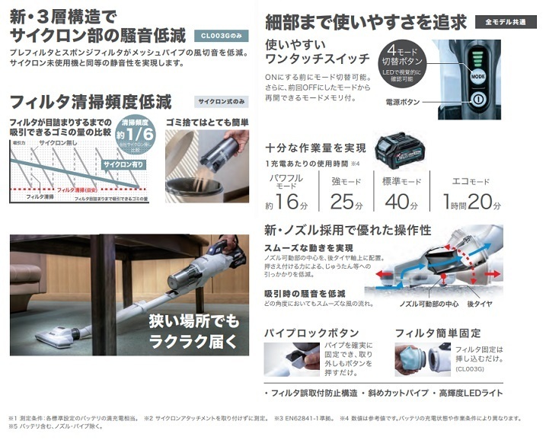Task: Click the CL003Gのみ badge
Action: (x=220, y=35)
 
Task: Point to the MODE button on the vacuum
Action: (x=477, y=77)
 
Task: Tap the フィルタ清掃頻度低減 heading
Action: (x=91, y=101)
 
